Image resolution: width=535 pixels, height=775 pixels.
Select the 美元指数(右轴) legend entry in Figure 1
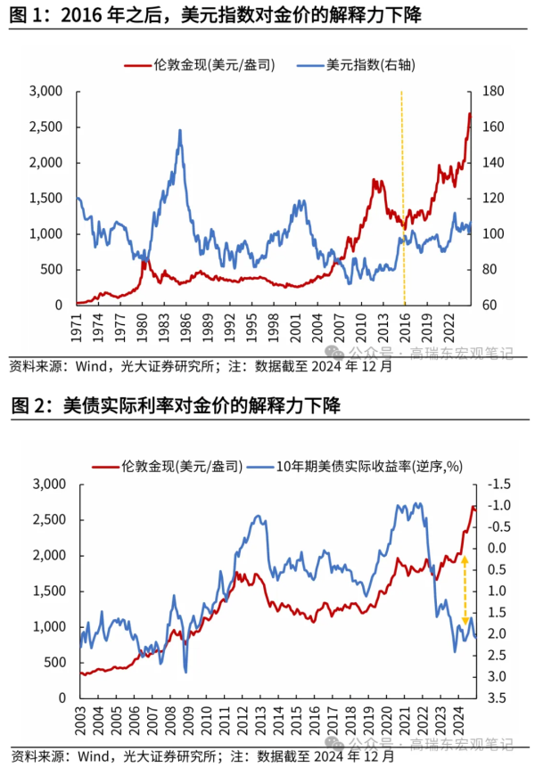pyautogui.click(x=357, y=64)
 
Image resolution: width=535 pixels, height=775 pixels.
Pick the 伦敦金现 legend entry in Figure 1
pyautogui.click(x=201, y=64)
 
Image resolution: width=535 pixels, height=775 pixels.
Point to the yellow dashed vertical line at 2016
pyautogui.click(x=403, y=196)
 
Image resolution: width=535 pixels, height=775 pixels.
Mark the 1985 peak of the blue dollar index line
pyautogui.click(x=180, y=131)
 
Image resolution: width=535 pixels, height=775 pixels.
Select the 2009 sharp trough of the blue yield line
pyautogui.click(x=185, y=671)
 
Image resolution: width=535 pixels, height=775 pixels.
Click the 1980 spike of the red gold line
pyautogui.click(x=144, y=260)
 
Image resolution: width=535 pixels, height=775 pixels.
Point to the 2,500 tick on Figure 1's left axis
pyautogui.click(x=44, y=127)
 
